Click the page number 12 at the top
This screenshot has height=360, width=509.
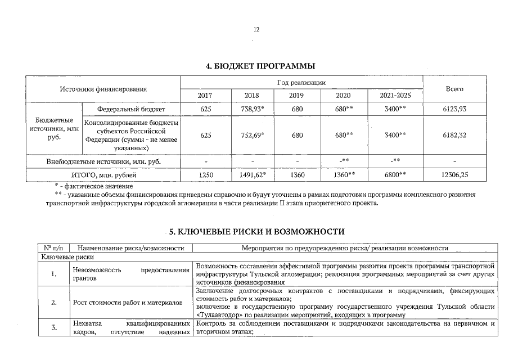256,29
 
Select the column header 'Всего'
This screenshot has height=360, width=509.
454,89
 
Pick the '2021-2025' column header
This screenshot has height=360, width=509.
395,96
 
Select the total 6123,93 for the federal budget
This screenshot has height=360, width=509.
454,109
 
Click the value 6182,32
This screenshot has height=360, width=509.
454,135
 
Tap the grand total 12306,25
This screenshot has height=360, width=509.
454,175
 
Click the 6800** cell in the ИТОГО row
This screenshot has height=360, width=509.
395,175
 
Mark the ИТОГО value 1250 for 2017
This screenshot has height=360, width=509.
205,175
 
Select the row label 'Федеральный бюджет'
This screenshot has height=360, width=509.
131,109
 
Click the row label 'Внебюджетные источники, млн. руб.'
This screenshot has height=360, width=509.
103,161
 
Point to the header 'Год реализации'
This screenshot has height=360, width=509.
301,83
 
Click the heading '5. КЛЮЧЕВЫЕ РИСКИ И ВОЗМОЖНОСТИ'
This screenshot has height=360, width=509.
256,232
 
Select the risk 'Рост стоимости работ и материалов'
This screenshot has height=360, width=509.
128,303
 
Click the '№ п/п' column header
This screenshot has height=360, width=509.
53,247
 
